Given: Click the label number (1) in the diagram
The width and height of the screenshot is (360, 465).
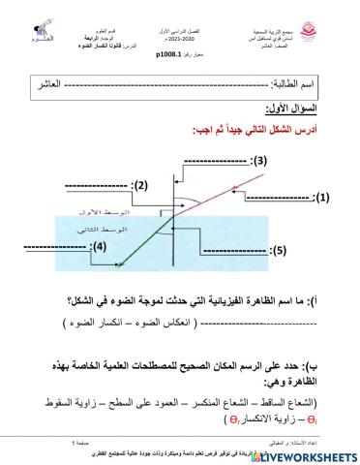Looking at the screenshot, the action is (x=322, y=196).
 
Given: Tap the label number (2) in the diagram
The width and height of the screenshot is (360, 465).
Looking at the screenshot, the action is (x=139, y=185).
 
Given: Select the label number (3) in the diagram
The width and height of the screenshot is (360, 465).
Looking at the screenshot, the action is (x=259, y=158).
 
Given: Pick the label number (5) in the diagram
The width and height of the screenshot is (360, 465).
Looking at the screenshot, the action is (x=278, y=251).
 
